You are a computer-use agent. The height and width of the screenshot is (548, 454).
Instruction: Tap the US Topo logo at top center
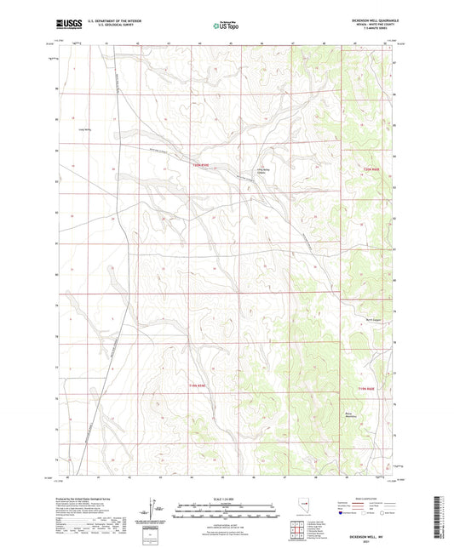tap(226, 26)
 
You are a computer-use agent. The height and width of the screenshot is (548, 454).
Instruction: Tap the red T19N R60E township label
tap(366, 389)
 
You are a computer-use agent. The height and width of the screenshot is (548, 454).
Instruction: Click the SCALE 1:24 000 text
tap(226, 499)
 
